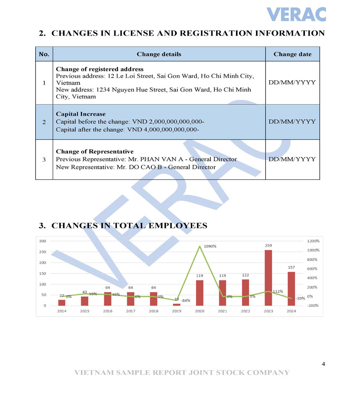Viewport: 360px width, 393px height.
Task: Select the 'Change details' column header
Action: (x=159, y=54)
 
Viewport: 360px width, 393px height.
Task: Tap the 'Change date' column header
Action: (x=292, y=54)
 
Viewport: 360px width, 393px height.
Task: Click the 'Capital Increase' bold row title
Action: (x=81, y=114)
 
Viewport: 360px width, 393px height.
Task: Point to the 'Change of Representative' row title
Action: (x=95, y=152)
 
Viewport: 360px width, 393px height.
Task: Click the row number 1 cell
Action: (x=44, y=83)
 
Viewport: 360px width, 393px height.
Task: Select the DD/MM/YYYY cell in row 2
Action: (x=292, y=122)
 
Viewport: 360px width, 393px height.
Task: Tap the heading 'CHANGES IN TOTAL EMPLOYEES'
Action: (x=129, y=226)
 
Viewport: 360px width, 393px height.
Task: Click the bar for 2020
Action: (x=200, y=293)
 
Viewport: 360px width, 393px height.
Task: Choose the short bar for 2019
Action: (x=176, y=305)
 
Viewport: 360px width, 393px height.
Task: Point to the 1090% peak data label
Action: (x=210, y=246)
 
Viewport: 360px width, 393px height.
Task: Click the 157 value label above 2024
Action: (x=291, y=267)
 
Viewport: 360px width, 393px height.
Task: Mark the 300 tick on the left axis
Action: (x=42, y=241)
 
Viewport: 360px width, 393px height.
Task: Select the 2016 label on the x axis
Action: (x=108, y=311)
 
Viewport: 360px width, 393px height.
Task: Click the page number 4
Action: (x=323, y=364)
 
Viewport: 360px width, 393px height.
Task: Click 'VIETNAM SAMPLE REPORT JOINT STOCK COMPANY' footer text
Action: (x=182, y=373)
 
